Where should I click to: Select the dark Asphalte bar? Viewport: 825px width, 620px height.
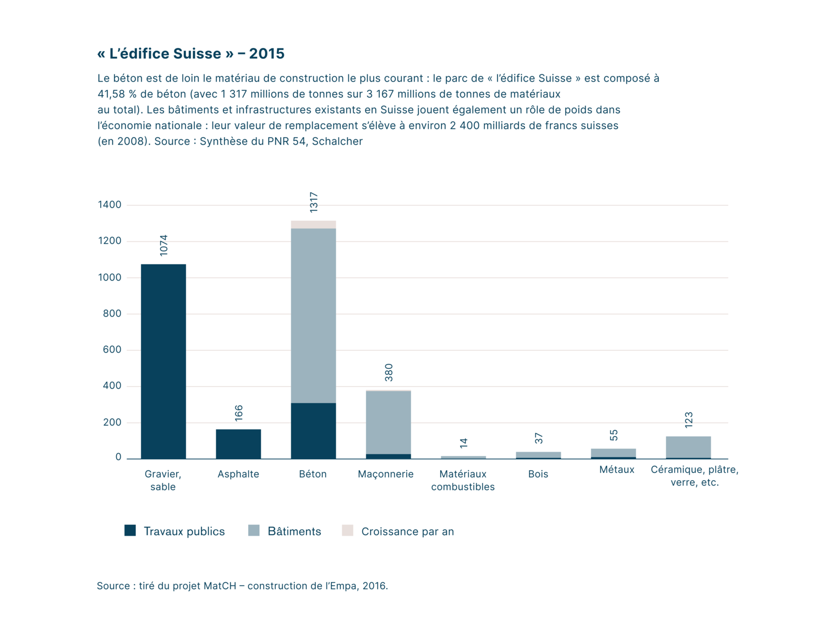(x=238, y=444)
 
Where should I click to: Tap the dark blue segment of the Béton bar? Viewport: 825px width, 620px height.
(x=313, y=431)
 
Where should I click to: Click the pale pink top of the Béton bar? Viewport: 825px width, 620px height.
(x=313, y=225)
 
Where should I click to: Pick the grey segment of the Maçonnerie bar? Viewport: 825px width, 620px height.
(x=389, y=422)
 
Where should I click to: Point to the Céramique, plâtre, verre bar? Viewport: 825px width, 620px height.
(x=688, y=447)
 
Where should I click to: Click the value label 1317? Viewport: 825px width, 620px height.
(x=314, y=202)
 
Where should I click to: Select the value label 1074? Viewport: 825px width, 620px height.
(x=163, y=245)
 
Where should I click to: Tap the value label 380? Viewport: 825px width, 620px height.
(x=389, y=372)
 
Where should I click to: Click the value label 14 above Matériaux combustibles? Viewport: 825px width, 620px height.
(x=463, y=443)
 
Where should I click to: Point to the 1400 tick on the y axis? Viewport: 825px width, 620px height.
(x=110, y=205)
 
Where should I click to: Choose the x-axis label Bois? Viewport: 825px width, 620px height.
(x=538, y=474)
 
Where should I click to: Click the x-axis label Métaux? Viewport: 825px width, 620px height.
(x=616, y=470)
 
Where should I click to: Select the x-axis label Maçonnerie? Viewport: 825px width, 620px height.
(x=385, y=474)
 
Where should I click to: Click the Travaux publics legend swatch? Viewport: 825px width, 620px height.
(x=130, y=530)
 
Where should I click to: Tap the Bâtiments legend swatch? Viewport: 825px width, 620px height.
(x=254, y=530)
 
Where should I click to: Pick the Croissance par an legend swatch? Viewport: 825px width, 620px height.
(x=347, y=530)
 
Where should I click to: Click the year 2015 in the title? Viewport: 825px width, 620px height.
(x=266, y=53)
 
